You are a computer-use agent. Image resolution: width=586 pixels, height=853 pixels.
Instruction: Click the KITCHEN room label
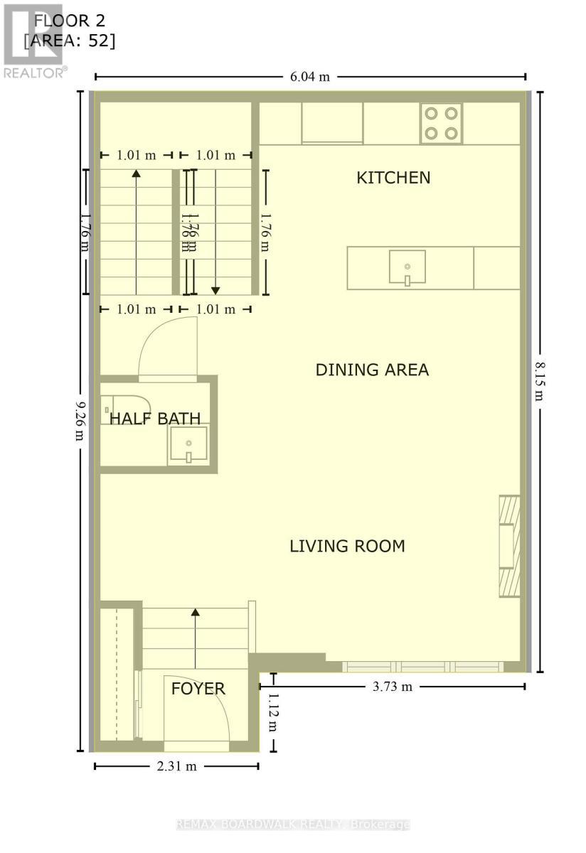pos(393,178)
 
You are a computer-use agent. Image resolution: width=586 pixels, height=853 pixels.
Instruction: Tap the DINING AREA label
pos(372,370)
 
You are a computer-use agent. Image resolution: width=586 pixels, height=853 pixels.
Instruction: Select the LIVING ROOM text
pos(347,546)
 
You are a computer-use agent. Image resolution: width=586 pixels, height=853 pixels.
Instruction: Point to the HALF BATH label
pos(154,419)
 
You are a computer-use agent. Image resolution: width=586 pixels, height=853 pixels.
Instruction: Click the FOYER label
pos(198,688)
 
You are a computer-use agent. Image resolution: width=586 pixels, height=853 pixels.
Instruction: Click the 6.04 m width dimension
pos(311,77)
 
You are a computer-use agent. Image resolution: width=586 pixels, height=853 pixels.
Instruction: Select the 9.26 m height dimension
pos(80,419)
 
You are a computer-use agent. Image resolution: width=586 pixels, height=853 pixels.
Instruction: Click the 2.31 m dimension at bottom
pos(175,766)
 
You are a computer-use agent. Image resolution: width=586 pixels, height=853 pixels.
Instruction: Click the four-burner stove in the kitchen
pos(441,123)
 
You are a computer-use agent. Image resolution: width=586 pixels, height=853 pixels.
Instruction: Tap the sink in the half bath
pos(188,446)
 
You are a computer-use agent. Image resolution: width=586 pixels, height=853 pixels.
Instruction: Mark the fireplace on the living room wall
pos(509,546)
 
